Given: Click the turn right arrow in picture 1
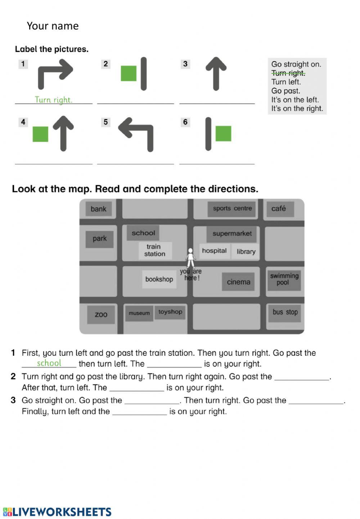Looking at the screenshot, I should tap(55, 73).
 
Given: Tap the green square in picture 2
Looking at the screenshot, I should tap(129, 73).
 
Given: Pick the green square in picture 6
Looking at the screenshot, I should tap(223, 133).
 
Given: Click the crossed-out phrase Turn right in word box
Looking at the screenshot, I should tap(288, 73).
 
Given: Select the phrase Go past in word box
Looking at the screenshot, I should tap(285, 91).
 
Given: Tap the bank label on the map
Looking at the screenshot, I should tap(98, 209).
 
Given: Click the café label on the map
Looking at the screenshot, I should tap(279, 209).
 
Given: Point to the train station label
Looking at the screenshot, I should tap(155, 250).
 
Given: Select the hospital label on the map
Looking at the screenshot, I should tap(214, 251).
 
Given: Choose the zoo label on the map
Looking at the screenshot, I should tap(101, 314).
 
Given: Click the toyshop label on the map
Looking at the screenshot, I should tap(170, 312).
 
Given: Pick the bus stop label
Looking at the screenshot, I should tap(285, 312).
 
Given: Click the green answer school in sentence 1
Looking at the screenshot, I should tap(49, 363).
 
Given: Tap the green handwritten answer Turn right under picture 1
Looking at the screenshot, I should tap(53, 100).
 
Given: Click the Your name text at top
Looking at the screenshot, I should tap(53, 26).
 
